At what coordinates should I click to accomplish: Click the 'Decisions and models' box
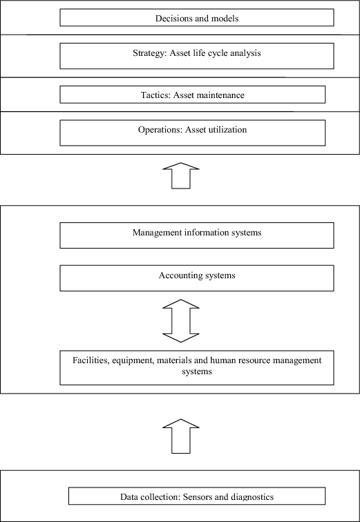(x=197, y=18)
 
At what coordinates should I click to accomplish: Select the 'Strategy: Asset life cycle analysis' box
(x=197, y=55)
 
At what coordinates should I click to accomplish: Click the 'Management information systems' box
(x=197, y=235)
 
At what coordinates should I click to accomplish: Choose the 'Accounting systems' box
(x=197, y=278)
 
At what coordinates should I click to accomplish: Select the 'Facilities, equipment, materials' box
(x=197, y=367)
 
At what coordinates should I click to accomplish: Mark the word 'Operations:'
(x=159, y=129)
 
